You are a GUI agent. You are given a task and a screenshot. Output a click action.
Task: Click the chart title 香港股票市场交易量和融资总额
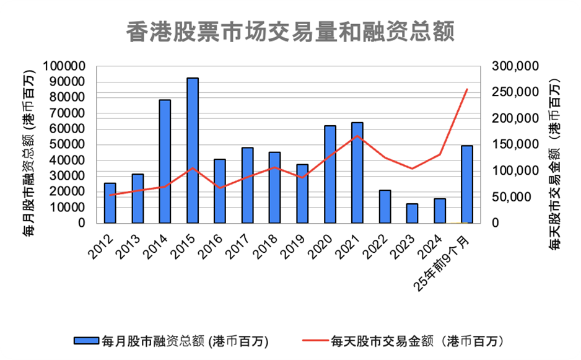coord(290,32)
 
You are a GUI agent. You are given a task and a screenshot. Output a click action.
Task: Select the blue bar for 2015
coord(193,151)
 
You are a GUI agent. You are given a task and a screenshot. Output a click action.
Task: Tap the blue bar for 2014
coord(165,161)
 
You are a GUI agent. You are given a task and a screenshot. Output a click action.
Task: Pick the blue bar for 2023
coord(412,213)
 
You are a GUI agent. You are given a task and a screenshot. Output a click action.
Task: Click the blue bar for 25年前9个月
coord(467,184)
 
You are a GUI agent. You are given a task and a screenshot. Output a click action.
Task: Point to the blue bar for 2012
coord(110,203)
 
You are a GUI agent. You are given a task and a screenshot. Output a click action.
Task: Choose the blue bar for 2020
coord(330,174)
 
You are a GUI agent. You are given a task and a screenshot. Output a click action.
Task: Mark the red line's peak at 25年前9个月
coord(467,90)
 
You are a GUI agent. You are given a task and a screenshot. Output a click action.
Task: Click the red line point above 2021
coord(357,136)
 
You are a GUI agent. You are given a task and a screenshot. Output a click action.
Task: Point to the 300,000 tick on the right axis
coord(515,66)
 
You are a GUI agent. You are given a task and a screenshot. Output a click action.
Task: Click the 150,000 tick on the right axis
coord(515,144)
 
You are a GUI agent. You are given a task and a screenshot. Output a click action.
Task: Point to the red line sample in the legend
coord(315,341)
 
